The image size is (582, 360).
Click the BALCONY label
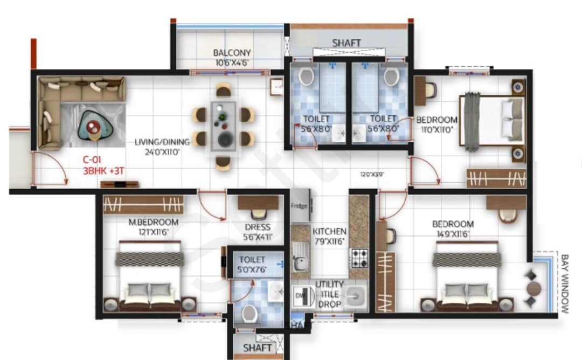coord(232,53)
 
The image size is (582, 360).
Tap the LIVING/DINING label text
coord(162,142)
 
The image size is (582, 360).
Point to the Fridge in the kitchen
coord(300,206)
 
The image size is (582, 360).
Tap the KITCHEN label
coord(330,231)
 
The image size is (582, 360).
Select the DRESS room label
coord(257,227)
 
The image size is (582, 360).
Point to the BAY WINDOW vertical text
coord(564,283)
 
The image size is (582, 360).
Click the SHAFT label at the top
coord(346,43)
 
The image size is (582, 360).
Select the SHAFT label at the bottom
coord(257,348)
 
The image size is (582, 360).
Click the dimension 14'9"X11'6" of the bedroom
coord(452,234)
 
